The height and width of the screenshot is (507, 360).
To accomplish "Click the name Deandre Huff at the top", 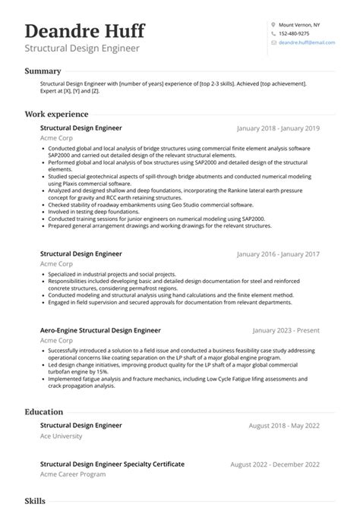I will pyautogui.click(x=84, y=32).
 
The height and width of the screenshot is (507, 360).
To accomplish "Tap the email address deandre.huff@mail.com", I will pyautogui.click(x=307, y=43).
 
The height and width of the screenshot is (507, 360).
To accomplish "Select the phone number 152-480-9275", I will pyautogui.click(x=294, y=33).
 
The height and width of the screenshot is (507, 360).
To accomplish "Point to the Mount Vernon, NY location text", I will pyautogui.click(x=301, y=24).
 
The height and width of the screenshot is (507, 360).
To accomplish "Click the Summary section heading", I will pyautogui.click(x=43, y=71).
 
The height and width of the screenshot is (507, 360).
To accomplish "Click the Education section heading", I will pyautogui.click(x=43, y=411).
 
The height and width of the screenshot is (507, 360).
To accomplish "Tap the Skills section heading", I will pyautogui.click(x=35, y=502).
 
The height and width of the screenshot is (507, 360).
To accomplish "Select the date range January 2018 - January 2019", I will pyautogui.click(x=279, y=129).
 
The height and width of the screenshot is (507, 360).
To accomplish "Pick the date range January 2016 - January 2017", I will pyautogui.click(x=279, y=254).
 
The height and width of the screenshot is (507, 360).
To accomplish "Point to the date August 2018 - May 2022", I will pyautogui.click(x=284, y=427).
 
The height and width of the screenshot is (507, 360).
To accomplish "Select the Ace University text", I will pyautogui.click(x=61, y=438).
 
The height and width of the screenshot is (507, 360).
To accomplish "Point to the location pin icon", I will pyautogui.click(x=273, y=24).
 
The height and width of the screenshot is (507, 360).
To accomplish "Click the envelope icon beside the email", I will pyautogui.click(x=273, y=43).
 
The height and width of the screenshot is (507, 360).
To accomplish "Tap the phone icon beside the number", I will pyautogui.click(x=273, y=33).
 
